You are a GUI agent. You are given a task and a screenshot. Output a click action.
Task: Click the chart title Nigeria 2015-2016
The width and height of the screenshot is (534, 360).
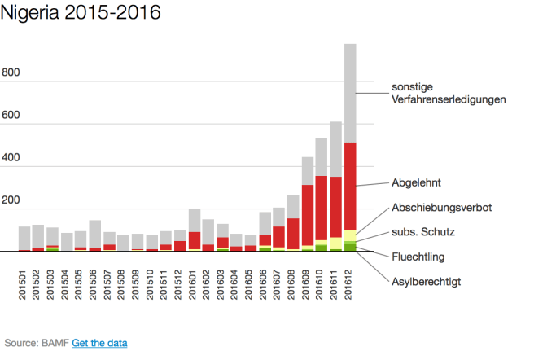coord(81,14)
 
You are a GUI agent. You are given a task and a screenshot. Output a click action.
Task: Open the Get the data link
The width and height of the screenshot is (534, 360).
coord(99,344)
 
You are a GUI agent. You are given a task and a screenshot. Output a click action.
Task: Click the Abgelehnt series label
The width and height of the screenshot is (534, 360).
coord(416,183)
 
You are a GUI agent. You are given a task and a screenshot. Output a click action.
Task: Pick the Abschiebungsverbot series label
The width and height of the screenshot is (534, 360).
coord(441,208)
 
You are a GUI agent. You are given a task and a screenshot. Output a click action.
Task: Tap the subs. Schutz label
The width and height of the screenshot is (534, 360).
coord(423,232)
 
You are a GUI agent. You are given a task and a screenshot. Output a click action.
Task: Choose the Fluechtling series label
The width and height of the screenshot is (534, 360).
coord(419,257)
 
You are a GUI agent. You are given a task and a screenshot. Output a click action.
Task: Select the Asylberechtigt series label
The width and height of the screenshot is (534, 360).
coord(426,281)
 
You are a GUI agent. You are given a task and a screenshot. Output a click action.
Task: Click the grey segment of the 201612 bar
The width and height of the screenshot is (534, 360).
coord(350,94)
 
